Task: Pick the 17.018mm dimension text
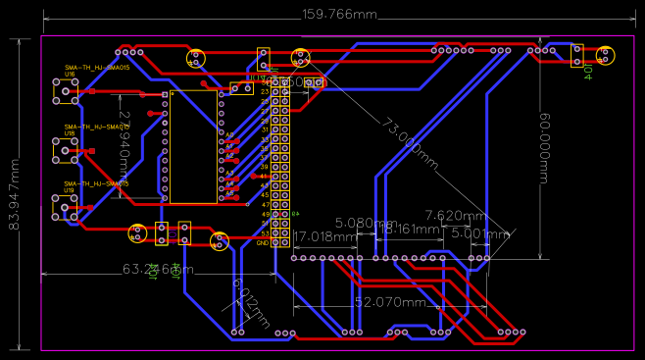point(325,236)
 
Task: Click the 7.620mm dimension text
point(455,215)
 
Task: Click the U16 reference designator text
point(70,75)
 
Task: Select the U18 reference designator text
point(70,132)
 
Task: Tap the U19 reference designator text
point(70,190)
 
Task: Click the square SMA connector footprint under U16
point(66,91)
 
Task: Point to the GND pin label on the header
point(262,242)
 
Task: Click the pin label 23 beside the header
point(265,91)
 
